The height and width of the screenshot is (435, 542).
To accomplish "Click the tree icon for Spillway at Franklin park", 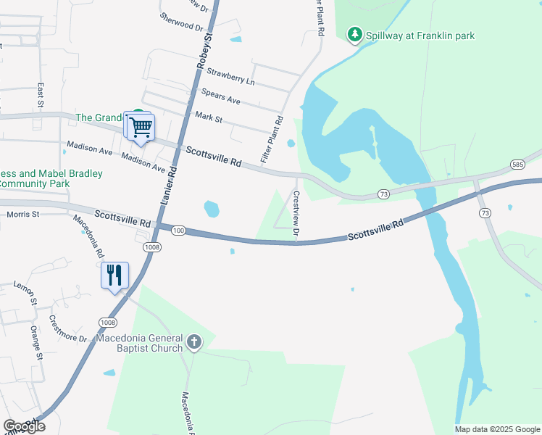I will [355, 35].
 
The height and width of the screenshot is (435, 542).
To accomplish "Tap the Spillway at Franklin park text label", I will [420, 35].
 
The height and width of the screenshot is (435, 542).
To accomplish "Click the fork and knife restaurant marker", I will [114, 275].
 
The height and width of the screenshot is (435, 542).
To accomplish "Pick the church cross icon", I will [193, 342].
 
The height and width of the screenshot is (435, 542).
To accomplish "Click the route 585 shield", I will [517, 165].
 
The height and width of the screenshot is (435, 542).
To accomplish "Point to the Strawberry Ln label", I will [230, 77].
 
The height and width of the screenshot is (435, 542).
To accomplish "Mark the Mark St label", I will [208, 116].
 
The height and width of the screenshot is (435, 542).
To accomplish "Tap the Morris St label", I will [22, 215].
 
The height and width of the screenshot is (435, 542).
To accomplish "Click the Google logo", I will [24, 426].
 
